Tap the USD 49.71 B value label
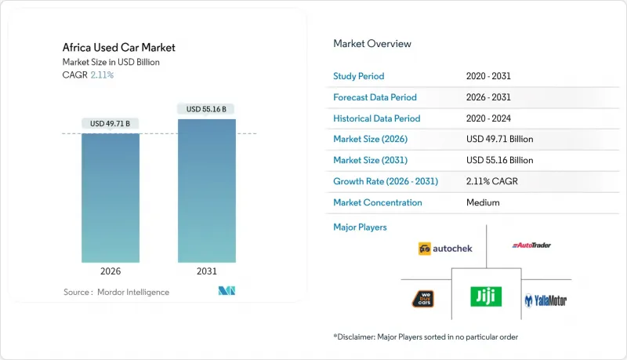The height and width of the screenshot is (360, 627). (111, 123)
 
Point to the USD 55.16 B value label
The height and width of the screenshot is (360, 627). (207, 109)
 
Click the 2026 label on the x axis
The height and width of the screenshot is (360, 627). (111, 272)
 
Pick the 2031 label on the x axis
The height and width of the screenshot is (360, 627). (207, 272)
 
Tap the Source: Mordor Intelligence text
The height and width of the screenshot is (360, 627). (116, 292)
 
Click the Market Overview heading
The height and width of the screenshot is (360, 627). (372, 44)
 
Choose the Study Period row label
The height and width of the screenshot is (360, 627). (359, 76)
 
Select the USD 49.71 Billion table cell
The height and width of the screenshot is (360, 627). (499, 139)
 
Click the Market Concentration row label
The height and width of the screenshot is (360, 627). (378, 202)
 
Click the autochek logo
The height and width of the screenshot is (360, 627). (444, 249)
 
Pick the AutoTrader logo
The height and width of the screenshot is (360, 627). (531, 245)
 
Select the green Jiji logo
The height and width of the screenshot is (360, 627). (486, 296)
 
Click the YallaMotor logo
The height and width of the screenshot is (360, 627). (545, 300)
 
